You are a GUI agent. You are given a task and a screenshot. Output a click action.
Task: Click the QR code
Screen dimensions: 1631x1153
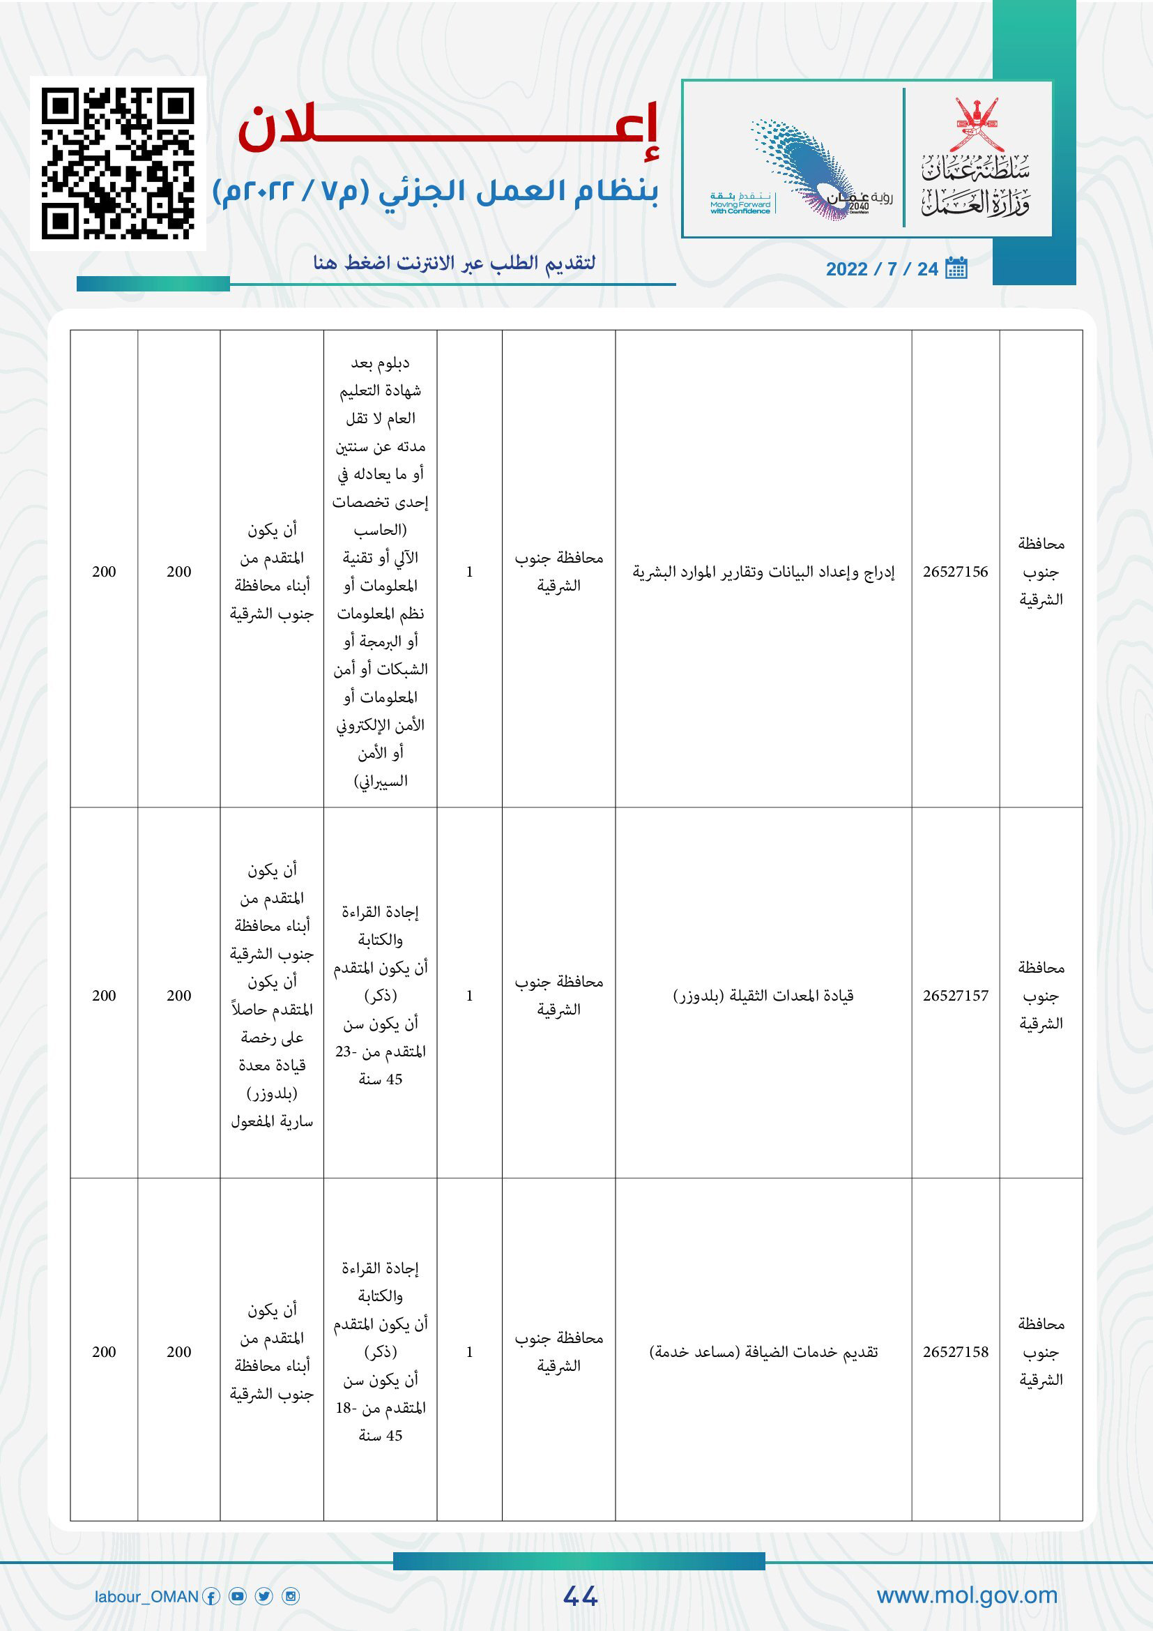click(118, 163)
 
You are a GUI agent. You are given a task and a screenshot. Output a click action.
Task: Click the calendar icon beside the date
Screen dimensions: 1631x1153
click(956, 268)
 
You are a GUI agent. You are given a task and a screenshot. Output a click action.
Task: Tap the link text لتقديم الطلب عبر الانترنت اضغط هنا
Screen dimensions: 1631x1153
click(455, 264)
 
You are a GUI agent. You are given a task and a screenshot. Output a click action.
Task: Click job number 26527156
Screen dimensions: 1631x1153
click(955, 572)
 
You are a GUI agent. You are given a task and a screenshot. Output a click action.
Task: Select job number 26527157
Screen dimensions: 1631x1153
click(955, 996)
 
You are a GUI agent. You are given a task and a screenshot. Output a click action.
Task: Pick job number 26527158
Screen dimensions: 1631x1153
click(955, 1352)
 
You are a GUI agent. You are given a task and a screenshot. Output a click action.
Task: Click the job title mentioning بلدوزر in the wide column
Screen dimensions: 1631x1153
click(763, 996)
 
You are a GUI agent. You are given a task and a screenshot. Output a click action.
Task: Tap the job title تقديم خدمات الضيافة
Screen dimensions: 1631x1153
click(763, 1352)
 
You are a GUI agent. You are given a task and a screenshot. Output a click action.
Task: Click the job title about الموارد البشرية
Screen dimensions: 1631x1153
click(763, 572)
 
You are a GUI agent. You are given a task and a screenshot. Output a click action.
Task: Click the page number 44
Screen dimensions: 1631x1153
click(580, 1596)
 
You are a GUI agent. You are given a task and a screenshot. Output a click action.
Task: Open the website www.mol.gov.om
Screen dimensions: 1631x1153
click(967, 1595)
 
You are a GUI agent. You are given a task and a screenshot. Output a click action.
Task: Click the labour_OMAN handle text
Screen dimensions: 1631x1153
click(146, 1597)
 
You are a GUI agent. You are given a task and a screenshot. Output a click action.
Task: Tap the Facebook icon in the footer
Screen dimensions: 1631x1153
click(211, 1597)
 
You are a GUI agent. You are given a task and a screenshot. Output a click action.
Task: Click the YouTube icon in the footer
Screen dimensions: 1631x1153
click(238, 1597)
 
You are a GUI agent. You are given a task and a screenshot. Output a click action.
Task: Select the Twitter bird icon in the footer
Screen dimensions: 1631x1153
click(264, 1597)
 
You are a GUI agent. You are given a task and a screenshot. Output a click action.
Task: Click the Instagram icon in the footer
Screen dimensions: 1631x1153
click(291, 1597)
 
